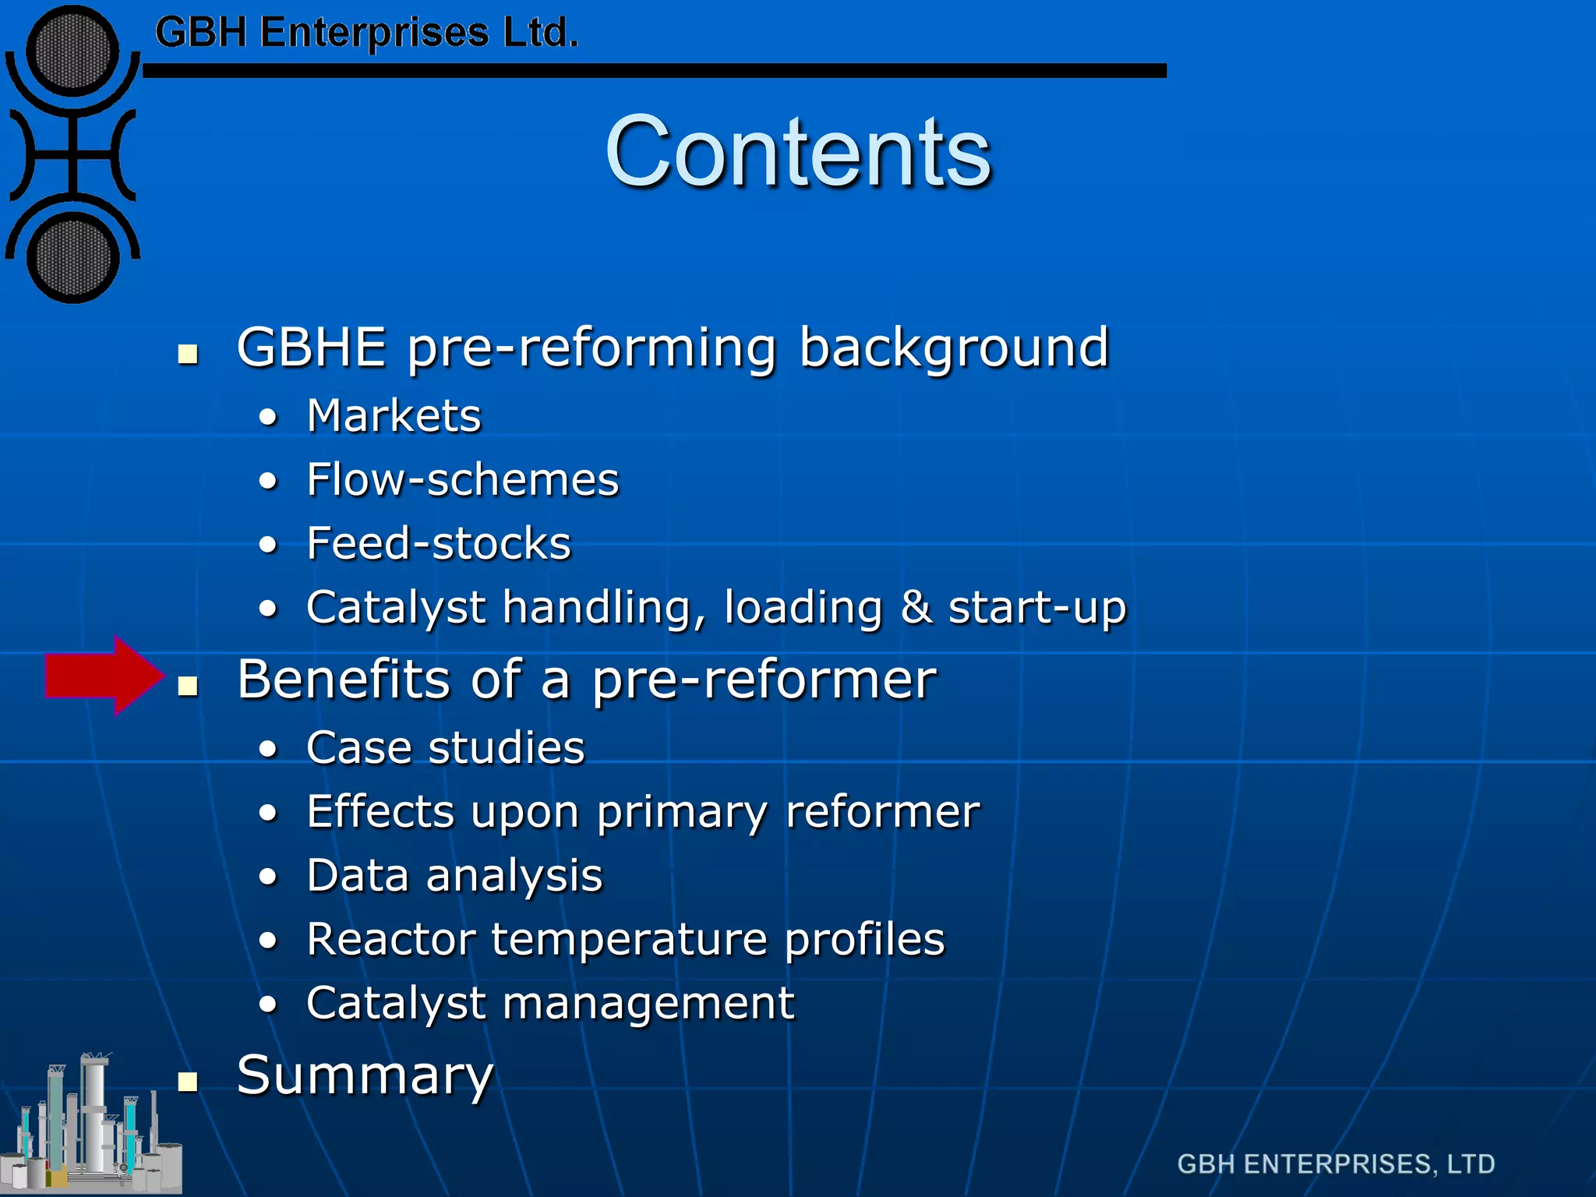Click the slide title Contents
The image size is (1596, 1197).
coord(797,151)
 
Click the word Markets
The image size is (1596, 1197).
coord(394,415)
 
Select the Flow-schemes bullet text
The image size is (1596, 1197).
coord(462,479)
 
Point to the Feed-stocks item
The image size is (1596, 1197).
coord(438,543)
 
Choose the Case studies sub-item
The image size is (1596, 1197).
coord(445,748)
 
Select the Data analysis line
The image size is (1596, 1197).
coord(454,875)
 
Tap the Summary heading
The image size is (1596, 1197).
coord(365,1075)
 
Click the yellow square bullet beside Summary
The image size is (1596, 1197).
coord(187,1081)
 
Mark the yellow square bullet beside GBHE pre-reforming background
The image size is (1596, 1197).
coord(187,355)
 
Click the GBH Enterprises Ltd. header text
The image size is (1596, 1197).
coord(366,33)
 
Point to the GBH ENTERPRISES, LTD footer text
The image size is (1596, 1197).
coord(1335,1164)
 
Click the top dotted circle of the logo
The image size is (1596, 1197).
coord(72,51)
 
